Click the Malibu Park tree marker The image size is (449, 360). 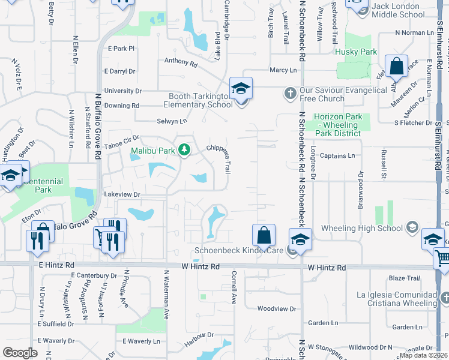[185, 150]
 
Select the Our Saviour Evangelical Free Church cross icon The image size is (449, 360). [290, 93]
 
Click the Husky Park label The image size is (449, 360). [357, 52]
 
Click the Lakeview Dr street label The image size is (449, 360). [122, 194]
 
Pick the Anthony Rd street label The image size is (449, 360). [181, 61]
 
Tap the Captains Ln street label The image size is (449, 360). [337, 156]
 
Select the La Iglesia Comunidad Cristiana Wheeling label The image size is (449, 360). [397, 299]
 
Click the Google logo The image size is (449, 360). [20, 352]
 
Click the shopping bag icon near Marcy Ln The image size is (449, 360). [397, 65]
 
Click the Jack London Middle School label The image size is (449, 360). [406, 10]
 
